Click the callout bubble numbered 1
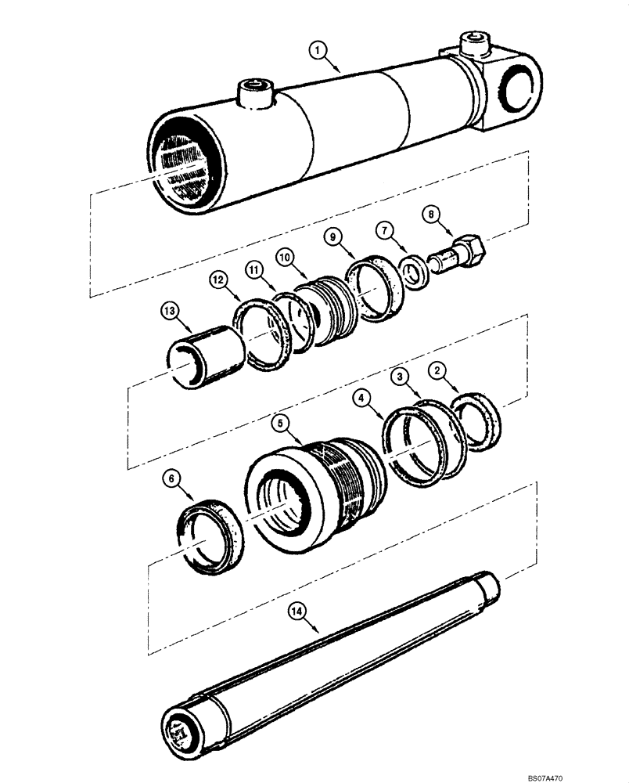318,50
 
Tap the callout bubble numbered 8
430,213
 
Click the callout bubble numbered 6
170,477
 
